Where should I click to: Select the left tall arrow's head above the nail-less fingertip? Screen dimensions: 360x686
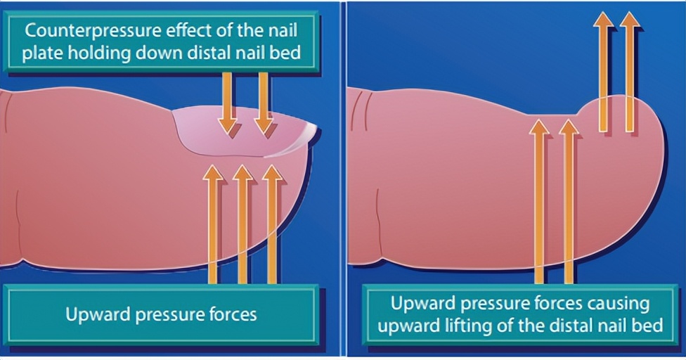(x=603, y=21)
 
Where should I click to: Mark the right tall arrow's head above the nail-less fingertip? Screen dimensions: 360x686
(x=630, y=21)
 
